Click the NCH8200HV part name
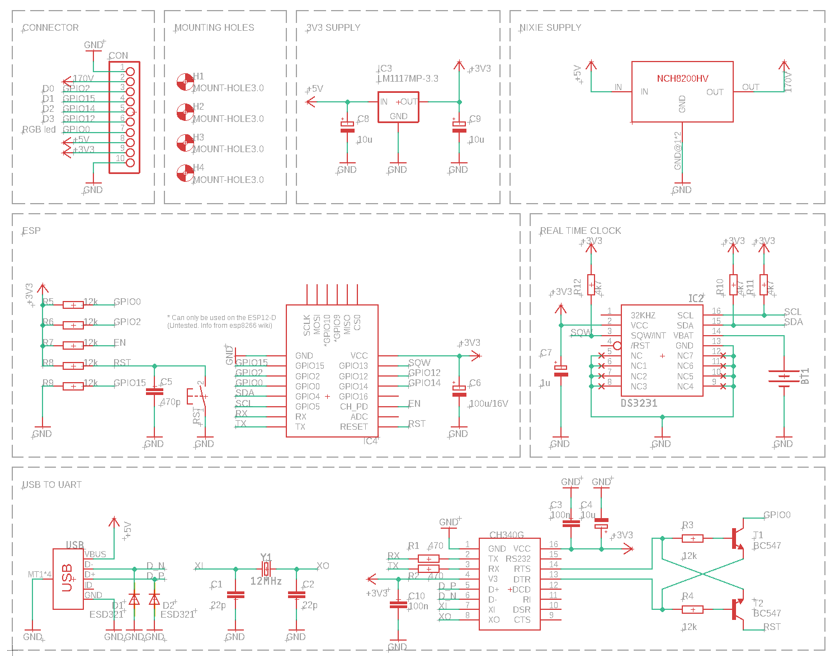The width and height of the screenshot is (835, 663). (x=682, y=79)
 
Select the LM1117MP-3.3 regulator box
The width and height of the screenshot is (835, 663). (x=398, y=107)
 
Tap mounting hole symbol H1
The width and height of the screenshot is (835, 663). (x=184, y=82)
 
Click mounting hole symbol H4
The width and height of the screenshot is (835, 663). (x=184, y=173)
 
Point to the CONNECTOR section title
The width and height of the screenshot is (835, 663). (x=50, y=27)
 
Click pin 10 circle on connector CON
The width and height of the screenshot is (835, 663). (x=130, y=163)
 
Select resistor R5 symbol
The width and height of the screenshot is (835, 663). (x=73, y=304)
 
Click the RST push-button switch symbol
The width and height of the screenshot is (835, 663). (x=201, y=398)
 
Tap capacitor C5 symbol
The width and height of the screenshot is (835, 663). (x=154, y=392)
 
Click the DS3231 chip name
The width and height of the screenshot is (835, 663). (x=639, y=403)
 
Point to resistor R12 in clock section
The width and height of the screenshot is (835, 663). (x=591, y=285)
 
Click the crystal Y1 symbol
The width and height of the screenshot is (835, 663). (x=266, y=569)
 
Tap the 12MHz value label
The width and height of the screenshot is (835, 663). (x=266, y=581)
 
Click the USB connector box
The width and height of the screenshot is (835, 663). (x=68, y=579)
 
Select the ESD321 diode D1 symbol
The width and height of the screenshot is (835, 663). (x=134, y=599)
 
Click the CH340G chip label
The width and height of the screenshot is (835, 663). (x=506, y=535)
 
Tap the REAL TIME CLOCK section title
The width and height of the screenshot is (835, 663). (x=580, y=231)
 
